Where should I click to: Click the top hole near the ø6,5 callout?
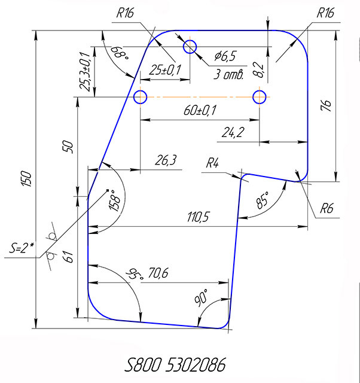190,46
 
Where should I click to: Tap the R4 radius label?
213,163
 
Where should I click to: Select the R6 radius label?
326,209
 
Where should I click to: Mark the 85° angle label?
262,201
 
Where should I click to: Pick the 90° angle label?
202,296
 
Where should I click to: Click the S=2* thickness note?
22,247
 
